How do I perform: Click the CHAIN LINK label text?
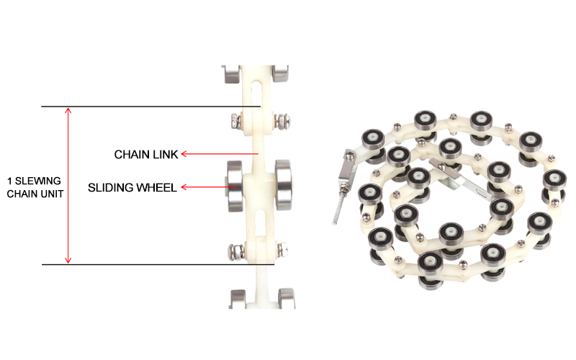(145, 154)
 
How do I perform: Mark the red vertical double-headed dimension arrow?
(68, 186)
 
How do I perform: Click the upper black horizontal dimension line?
(150, 107)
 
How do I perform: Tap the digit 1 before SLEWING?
(9, 180)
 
